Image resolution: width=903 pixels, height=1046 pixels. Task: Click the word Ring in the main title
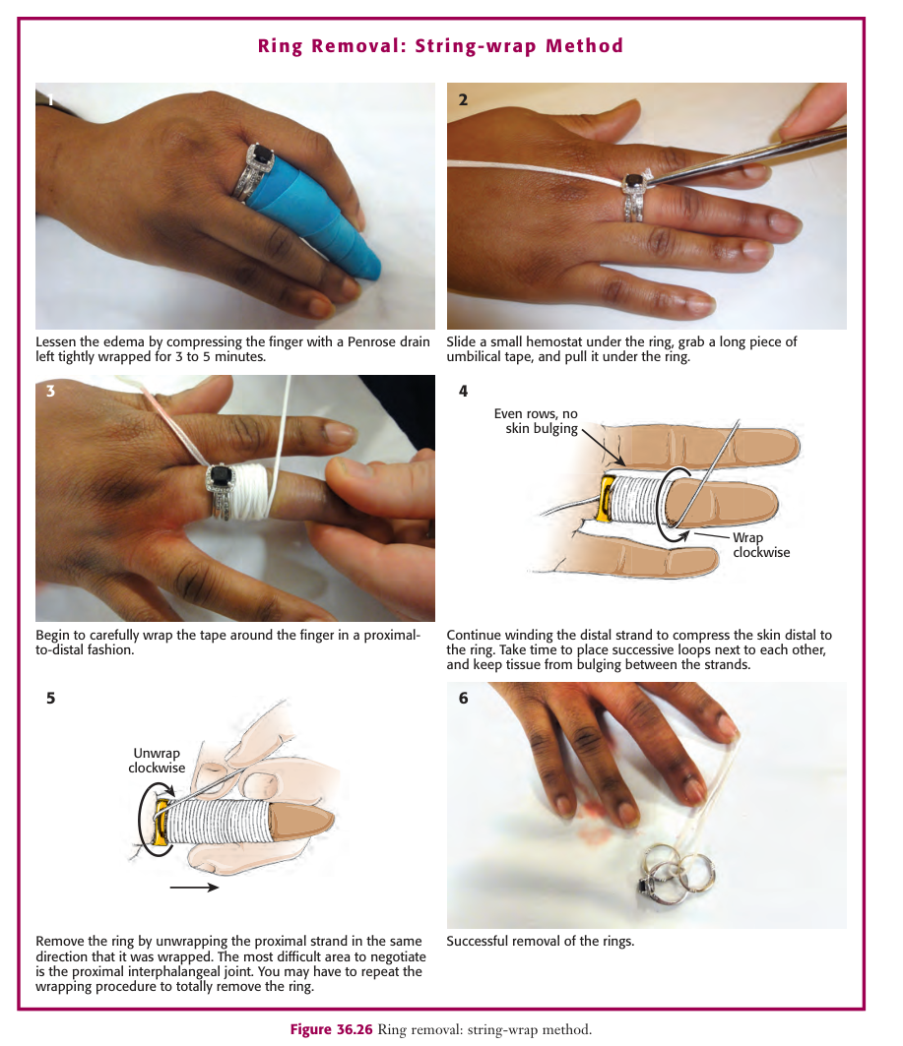[280, 46]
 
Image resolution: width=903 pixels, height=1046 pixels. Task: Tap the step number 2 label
[463, 99]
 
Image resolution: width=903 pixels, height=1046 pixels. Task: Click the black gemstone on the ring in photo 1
[262, 156]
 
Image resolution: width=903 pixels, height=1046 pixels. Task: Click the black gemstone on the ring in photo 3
[221, 476]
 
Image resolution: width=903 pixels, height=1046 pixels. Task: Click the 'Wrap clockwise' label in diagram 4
[761, 545]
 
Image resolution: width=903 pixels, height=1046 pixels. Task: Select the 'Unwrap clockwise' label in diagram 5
[157, 761]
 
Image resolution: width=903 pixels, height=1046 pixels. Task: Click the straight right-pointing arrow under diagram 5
[194, 888]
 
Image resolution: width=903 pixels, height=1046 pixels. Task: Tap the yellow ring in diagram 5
[161, 824]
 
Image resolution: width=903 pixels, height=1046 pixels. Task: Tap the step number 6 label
[463, 698]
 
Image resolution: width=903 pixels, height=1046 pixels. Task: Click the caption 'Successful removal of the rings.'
[540, 942]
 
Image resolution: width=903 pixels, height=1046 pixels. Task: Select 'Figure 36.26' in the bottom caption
[331, 1029]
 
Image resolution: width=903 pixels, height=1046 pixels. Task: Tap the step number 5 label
[51, 698]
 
